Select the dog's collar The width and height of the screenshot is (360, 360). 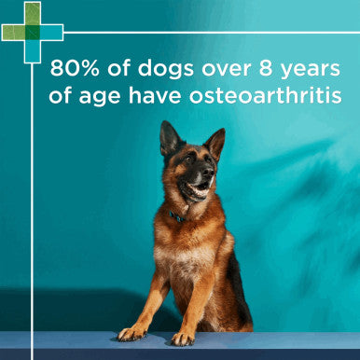tap(177, 216)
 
